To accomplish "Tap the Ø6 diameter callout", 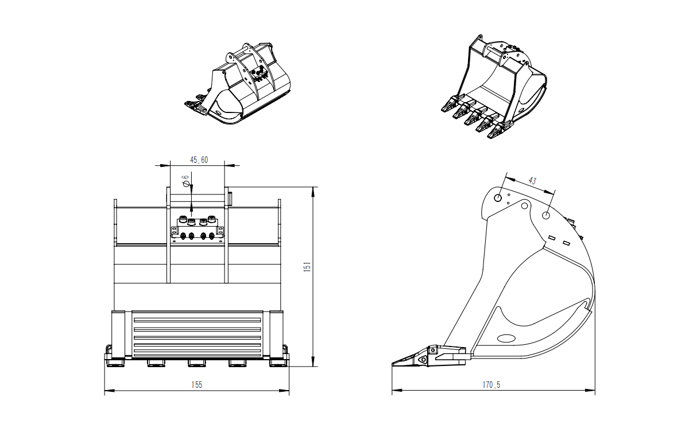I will click(x=185, y=182).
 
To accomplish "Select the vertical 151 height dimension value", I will click(x=307, y=267).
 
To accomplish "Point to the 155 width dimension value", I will click(x=196, y=385).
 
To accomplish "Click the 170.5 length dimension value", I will click(x=491, y=385).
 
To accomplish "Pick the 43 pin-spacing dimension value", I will click(x=532, y=181).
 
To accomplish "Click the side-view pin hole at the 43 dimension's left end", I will click(x=498, y=198).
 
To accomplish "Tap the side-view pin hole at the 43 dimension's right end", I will click(x=545, y=216).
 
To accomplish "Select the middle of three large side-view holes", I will click(x=525, y=205).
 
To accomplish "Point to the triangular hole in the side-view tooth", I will click(x=423, y=360).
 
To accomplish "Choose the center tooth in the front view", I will click(x=196, y=363).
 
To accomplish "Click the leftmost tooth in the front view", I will click(x=114, y=363).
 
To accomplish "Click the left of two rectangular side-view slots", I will click(x=552, y=237).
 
